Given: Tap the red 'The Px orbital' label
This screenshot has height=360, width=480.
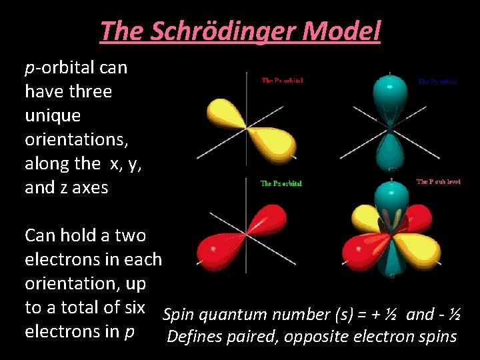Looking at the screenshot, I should pyautogui.click(x=283, y=81).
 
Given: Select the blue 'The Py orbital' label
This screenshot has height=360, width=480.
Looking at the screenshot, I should pyautogui.click(x=437, y=81).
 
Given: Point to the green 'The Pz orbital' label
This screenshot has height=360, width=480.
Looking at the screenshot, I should pyautogui.click(x=281, y=183).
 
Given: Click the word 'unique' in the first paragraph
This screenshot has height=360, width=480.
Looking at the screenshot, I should pyautogui.click(x=53, y=115).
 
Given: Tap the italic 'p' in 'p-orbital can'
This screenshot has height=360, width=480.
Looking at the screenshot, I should pyautogui.click(x=29, y=68).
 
